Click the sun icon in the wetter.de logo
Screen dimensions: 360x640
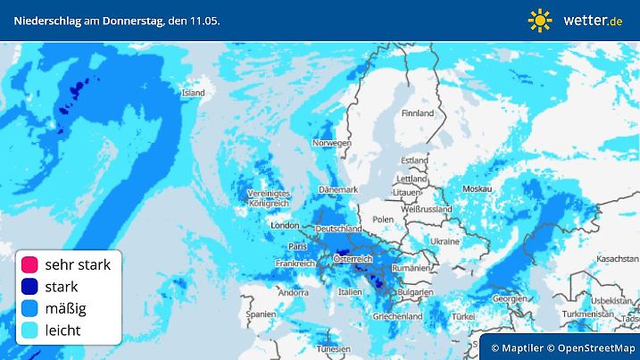click(x=540, y=20)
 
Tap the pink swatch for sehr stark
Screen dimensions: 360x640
click(x=30, y=264)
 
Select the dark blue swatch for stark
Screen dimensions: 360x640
click(x=30, y=287)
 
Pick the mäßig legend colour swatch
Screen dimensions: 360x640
click(x=30, y=309)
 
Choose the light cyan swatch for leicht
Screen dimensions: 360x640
click(x=30, y=331)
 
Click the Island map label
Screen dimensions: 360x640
click(x=194, y=92)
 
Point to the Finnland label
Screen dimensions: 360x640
click(x=417, y=113)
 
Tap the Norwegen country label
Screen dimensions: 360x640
click(x=331, y=143)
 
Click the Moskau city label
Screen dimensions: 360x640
click(x=478, y=189)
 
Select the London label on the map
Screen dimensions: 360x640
click(x=283, y=226)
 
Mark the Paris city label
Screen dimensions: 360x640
click(x=297, y=247)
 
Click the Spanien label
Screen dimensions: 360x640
click(x=261, y=314)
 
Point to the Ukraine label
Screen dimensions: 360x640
click(x=445, y=241)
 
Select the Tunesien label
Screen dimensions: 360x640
click(x=331, y=349)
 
